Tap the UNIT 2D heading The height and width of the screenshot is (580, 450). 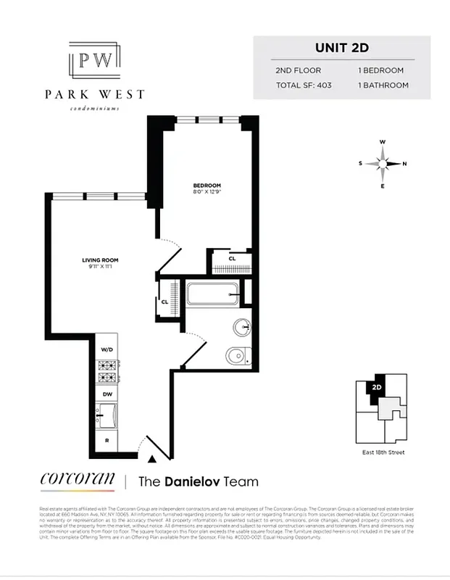[341, 49]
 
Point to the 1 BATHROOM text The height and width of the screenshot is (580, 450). [383, 86]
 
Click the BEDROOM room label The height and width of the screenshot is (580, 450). [207, 185]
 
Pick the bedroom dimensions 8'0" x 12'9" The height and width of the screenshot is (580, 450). [207, 193]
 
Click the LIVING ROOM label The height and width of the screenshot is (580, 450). [100, 260]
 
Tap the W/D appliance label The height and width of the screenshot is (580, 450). [107, 349]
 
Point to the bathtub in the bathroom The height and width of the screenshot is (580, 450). [214, 296]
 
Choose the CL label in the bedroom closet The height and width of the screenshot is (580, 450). [232, 259]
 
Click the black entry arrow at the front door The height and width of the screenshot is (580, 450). [151, 458]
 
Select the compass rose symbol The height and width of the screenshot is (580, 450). [383, 163]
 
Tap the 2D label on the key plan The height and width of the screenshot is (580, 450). [376, 387]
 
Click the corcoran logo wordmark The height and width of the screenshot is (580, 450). [77, 480]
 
